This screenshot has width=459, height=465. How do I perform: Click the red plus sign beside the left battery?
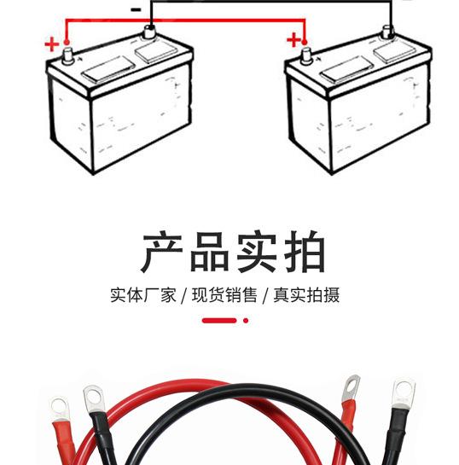52,44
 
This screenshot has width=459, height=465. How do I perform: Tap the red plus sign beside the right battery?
293,40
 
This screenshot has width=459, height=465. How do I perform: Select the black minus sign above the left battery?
136,9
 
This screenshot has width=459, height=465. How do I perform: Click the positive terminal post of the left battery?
68,55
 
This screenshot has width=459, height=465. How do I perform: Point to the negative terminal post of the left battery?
149,32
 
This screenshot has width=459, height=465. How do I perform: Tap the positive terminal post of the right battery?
306,56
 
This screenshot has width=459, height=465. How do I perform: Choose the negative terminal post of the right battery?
387,32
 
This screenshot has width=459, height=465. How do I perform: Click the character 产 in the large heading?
161,251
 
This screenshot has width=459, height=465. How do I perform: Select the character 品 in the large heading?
210,252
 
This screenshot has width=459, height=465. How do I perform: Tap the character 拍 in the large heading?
305,252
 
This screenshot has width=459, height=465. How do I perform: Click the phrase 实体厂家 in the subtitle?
143,294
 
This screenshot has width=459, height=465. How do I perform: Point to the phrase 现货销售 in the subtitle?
224,294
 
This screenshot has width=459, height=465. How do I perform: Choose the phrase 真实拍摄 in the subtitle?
306,294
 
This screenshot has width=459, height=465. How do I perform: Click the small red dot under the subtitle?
246,320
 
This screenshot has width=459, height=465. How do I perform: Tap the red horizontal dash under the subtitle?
219,320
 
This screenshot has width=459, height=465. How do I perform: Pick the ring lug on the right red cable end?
351,388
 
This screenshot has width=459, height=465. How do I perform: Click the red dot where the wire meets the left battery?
67,43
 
